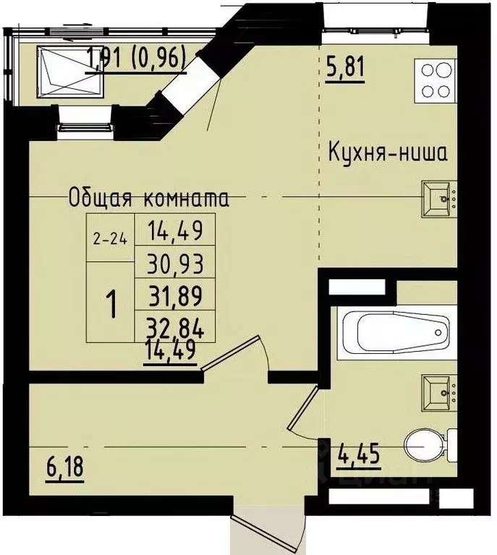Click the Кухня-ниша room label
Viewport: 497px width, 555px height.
[x=388, y=153]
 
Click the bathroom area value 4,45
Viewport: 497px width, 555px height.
[x=358, y=455]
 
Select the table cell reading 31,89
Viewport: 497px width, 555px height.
[x=175, y=297]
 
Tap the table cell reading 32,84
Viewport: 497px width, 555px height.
[x=175, y=329]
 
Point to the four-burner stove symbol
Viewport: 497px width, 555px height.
[x=434, y=80]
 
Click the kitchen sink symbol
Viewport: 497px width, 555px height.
[x=440, y=198]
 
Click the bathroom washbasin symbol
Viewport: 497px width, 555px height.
[x=440, y=390]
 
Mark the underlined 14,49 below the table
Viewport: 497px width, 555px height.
[x=171, y=355]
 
